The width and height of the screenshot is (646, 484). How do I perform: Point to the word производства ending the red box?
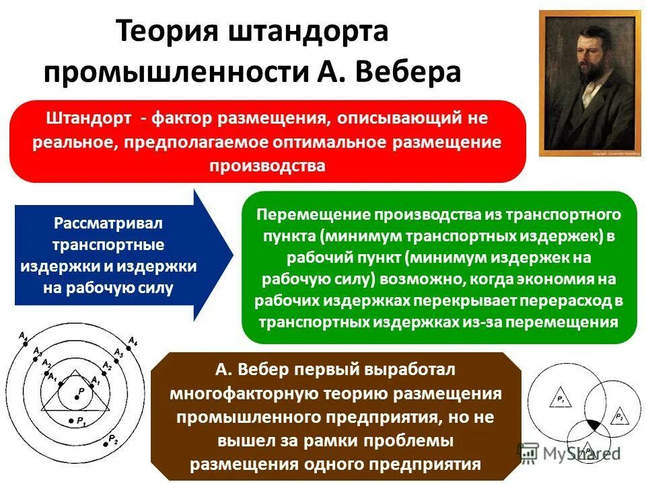click(267, 165)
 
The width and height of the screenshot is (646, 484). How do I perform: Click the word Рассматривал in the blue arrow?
click(108, 223)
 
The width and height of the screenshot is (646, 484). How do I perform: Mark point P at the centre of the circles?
click(76, 398)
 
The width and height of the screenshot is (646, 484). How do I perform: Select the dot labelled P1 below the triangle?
click(71, 421)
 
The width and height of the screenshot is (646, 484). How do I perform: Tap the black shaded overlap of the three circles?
click(592, 425)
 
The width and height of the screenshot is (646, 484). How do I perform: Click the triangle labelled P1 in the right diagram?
click(560, 400)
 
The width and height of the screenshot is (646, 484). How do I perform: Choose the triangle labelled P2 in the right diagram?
click(616, 417)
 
